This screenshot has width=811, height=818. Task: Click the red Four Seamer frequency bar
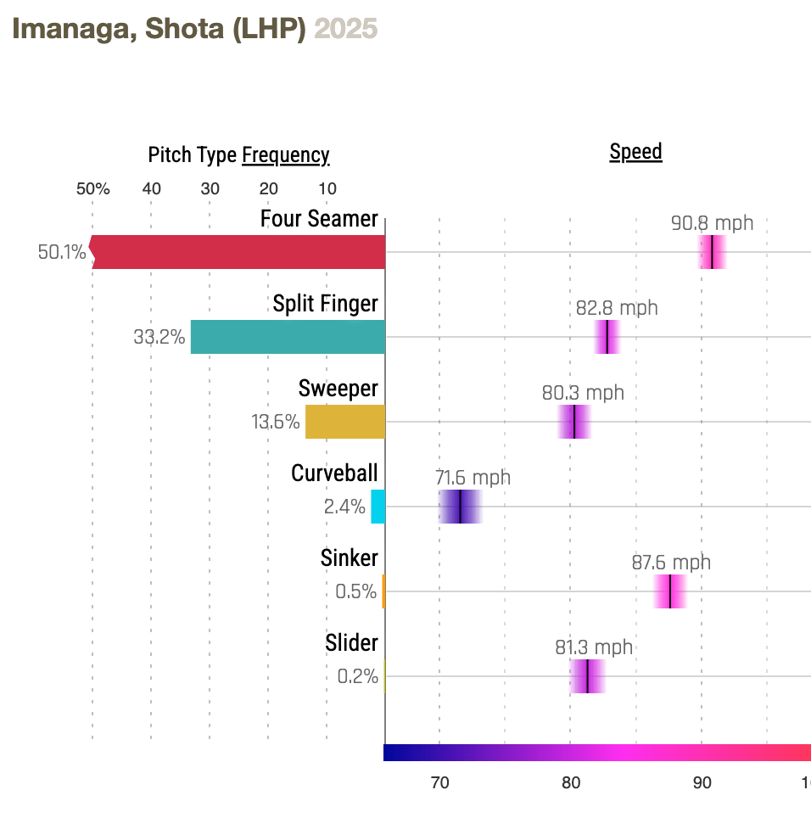pyautogui.click(x=238, y=252)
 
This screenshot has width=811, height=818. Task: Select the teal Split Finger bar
pyautogui.click(x=288, y=337)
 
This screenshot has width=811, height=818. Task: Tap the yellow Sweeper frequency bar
pyautogui.click(x=344, y=422)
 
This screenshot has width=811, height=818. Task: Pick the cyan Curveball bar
pyautogui.click(x=378, y=507)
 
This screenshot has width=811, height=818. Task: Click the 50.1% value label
pyautogui.click(x=62, y=252)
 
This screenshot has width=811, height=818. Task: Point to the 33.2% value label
pyautogui.click(x=159, y=337)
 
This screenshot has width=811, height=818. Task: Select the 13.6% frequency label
pyautogui.click(x=275, y=422)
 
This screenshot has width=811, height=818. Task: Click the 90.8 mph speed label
pyautogui.click(x=712, y=224)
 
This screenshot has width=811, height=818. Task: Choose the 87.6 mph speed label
pyautogui.click(x=671, y=563)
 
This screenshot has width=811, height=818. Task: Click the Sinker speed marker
pyautogui.click(x=670, y=591)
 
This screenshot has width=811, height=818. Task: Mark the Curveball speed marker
pyautogui.click(x=460, y=507)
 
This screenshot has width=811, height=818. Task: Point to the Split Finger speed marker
pyautogui.click(x=607, y=337)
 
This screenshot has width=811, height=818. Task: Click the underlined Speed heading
pyautogui.click(x=635, y=152)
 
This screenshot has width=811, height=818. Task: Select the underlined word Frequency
pyautogui.click(x=286, y=155)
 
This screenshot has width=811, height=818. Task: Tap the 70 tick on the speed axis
pyautogui.click(x=439, y=782)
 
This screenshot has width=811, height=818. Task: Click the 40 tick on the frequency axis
pyautogui.click(x=151, y=188)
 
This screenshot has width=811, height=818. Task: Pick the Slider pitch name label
pyautogui.click(x=351, y=643)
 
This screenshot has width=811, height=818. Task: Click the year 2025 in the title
pyautogui.click(x=346, y=29)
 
